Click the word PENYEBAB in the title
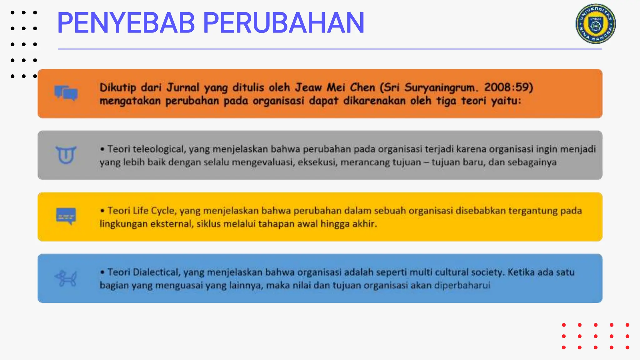(126, 23)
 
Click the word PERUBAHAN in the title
(283, 23)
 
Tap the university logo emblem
(596, 24)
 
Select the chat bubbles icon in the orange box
(66, 93)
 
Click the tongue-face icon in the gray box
(66, 155)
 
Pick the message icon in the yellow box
(66, 216)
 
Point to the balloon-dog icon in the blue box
(66, 278)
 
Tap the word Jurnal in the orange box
(182, 87)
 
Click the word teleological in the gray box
(159, 149)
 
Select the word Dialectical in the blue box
(157, 272)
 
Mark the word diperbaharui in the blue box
(462, 285)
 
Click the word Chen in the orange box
(362, 87)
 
